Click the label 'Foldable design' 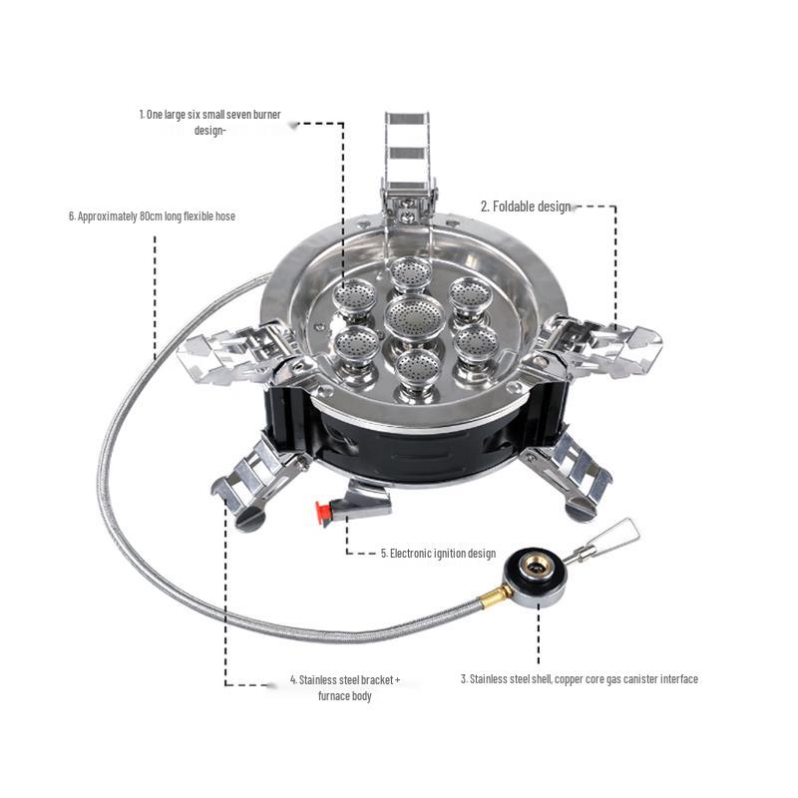(x=526, y=206)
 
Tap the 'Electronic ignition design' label (x=438, y=553)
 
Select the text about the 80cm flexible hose (x=152, y=215)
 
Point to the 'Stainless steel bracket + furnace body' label (x=344, y=687)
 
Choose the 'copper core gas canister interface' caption (x=579, y=679)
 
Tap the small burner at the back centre (x=408, y=272)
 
